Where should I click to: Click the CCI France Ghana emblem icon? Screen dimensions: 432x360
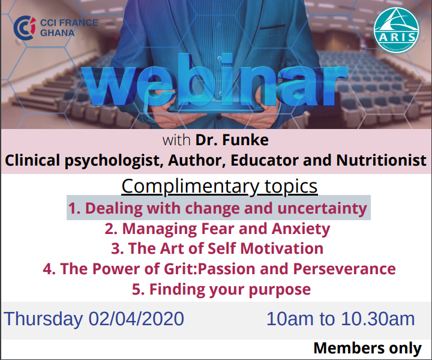[x=25, y=28]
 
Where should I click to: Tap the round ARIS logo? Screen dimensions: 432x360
[x=397, y=30]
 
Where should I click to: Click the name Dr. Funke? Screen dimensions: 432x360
[x=232, y=140]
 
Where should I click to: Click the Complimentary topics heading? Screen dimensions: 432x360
[x=220, y=187]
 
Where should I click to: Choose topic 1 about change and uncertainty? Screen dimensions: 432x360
[x=218, y=208]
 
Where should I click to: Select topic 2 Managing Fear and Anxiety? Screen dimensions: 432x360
[x=217, y=229]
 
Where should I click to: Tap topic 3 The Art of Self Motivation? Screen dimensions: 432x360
[x=217, y=248]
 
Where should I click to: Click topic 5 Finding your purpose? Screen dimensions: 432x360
[x=221, y=289]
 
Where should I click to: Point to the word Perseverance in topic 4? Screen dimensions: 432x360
[x=344, y=269]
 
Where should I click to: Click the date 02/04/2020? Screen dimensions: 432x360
[x=136, y=319]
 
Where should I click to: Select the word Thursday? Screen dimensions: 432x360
[x=43, y=319]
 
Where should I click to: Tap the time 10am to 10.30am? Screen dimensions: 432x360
[x=341, y=319]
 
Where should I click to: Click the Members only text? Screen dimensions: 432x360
[x=368, y=348]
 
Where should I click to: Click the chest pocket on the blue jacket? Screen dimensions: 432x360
[x=272, y=27]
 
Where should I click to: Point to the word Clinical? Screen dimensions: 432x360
[x=32, y=160]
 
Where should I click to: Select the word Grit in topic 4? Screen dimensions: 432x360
[x=179, y=269]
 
